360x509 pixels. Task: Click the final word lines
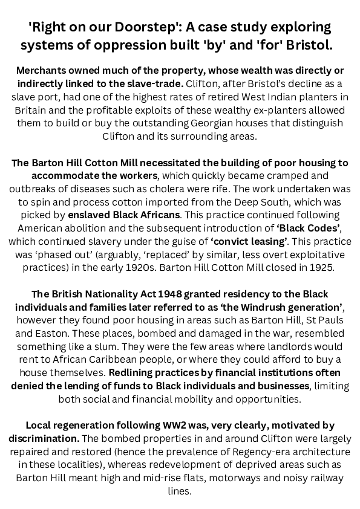click(180, 491)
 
